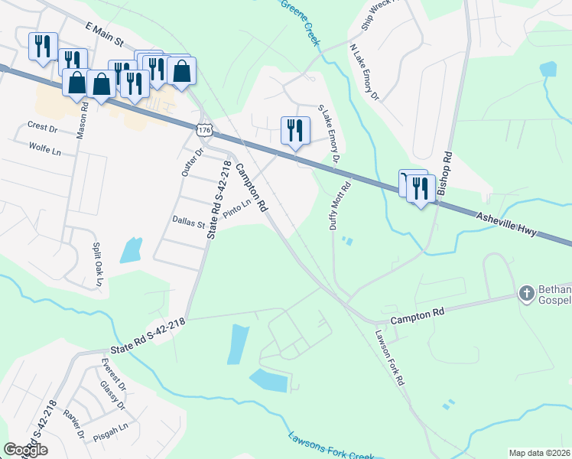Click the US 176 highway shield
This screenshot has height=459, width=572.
point(204,132)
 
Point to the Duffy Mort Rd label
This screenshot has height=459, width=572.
point(340,205)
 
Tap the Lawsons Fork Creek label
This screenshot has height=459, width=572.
point(330,448)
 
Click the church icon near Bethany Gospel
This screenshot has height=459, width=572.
point(526,293)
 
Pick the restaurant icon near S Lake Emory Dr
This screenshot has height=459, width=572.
point(294,130)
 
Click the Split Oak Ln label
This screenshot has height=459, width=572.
point(98,265)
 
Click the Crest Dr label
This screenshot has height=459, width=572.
point(42,127)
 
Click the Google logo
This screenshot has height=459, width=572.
point(25,450)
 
